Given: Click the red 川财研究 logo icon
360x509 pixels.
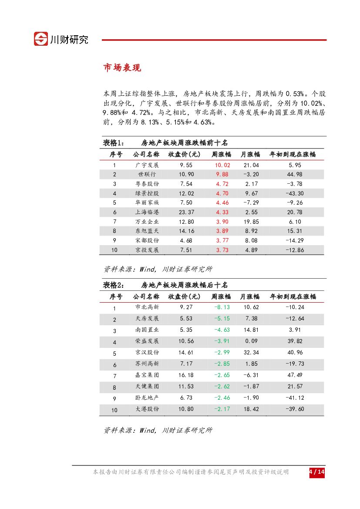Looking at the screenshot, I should coord(41,39).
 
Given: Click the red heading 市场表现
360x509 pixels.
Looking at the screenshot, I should coord(121,68).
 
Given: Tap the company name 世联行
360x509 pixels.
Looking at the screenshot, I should coord(147,175).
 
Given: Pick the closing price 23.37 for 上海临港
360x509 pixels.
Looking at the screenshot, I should coord(187,212).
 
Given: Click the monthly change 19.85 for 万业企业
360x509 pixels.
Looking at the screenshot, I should coord(251,222).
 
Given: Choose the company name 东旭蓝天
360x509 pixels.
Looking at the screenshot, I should coord(147,231).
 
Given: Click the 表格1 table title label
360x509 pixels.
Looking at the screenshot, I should coord(114,143).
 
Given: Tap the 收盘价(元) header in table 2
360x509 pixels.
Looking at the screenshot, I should coord(184,297).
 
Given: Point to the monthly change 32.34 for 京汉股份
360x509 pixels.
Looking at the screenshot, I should coord(251,353).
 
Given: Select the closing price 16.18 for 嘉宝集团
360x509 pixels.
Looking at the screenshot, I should coord(186,375).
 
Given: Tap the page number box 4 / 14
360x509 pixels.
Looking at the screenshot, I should coord(317,472).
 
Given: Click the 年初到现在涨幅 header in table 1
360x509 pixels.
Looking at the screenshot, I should coord(293,155).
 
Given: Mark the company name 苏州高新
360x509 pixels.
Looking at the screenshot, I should coord(147,364).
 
